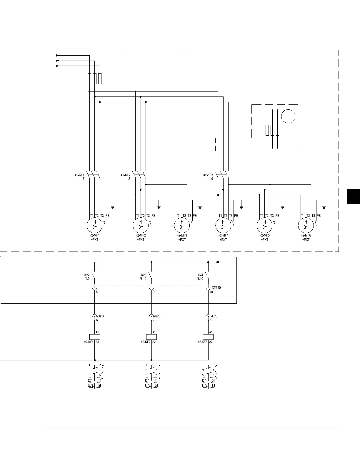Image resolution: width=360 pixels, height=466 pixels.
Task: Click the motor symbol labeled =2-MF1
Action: point(94,225)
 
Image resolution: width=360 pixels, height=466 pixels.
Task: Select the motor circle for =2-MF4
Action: point(223,225)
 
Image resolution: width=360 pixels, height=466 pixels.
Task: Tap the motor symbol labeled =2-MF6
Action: point(306,225)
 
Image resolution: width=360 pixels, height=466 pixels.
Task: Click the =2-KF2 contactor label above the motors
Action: point(126,175)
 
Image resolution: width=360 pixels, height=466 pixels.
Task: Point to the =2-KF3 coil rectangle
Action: point(208,337)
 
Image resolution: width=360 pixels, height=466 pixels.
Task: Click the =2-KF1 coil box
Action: point(94,337)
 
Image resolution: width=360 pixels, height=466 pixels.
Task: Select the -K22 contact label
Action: point(86,275)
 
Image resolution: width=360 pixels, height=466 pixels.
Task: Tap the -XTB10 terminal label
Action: point(216,288)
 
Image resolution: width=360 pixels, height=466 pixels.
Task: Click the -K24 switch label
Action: point(200,275)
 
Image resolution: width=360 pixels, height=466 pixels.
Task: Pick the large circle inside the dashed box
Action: point(288,116)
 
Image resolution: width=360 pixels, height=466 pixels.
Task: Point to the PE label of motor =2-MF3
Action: point(195,216)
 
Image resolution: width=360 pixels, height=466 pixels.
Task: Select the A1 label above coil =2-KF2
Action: point(154,332)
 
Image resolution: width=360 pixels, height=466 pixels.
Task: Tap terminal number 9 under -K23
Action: point(154,292)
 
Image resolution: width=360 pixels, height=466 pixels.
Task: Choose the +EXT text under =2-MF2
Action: point(141,240)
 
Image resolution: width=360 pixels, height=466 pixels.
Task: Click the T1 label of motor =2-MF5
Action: point(261,216)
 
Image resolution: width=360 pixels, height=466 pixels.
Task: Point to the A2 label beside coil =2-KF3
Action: point(211,342)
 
